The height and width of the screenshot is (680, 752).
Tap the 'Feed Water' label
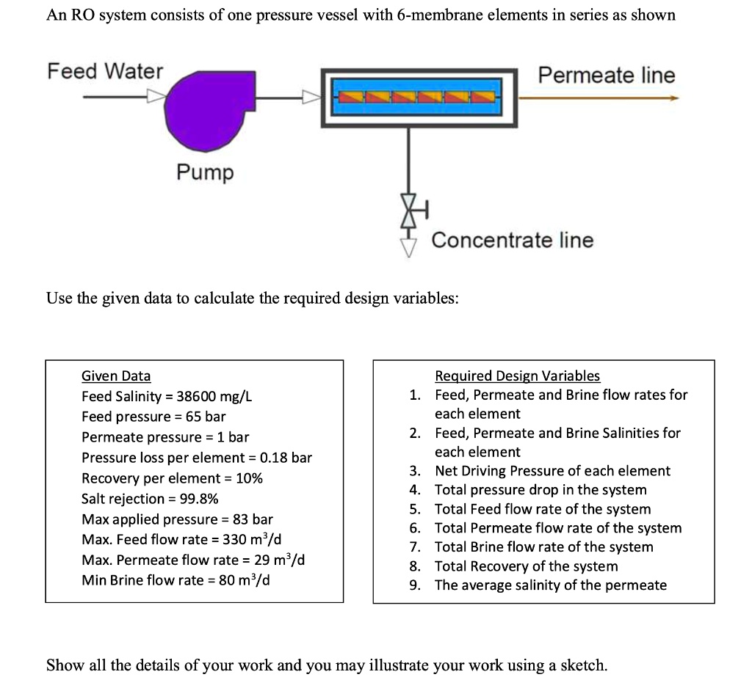105,71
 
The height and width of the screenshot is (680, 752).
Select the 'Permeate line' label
606,75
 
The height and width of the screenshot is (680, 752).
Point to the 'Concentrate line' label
512,240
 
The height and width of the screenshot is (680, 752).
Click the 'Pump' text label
204,172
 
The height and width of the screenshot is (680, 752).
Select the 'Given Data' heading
116,376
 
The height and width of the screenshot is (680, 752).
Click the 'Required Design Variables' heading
517,376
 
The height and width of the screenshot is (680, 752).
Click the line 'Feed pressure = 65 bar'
153,417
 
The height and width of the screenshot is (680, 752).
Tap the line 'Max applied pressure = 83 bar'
177,519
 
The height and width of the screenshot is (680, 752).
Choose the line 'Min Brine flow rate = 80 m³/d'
175,580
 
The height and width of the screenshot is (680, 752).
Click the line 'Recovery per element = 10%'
172,478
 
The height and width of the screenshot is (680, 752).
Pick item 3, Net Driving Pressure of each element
552,471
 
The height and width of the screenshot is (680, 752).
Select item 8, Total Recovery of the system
526,566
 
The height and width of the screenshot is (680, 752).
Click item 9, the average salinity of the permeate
550,585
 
